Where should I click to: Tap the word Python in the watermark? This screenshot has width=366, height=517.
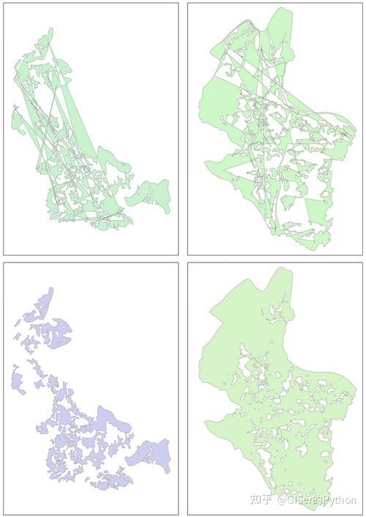(x=339, y=500)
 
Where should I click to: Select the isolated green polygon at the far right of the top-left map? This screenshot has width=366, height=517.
(x=150, y=195)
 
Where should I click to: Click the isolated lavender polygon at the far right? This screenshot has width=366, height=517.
(x=150, y=452)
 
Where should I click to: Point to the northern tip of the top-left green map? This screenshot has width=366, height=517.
(x=51, y=30)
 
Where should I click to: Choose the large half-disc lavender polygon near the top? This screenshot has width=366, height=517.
(x=59, y=334)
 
